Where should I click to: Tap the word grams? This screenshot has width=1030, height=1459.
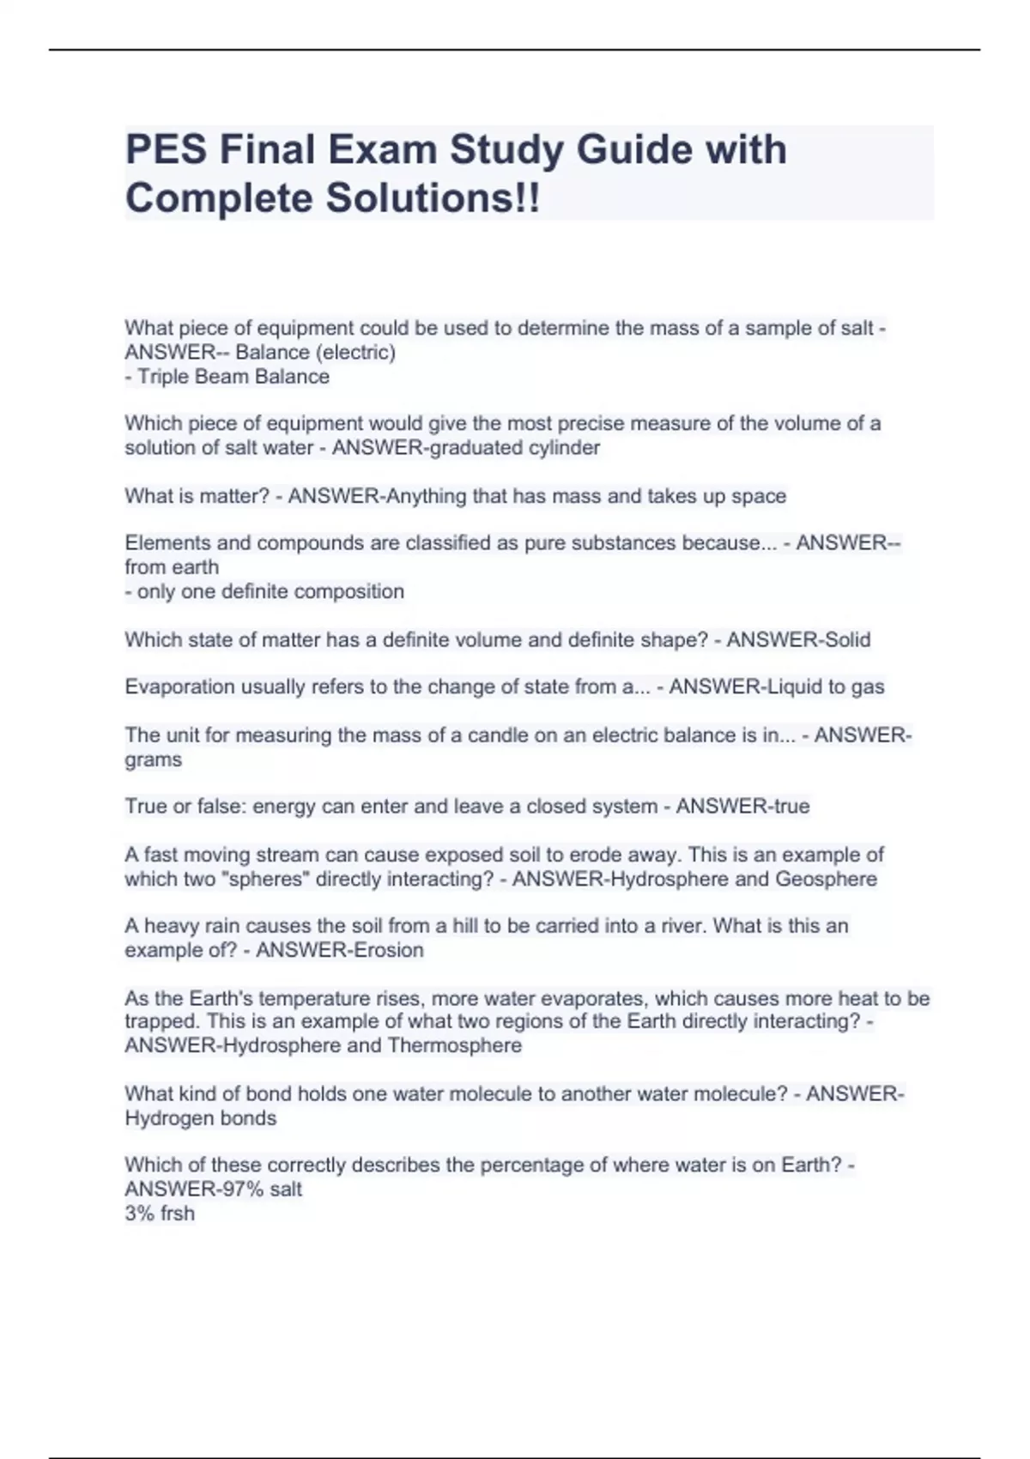click(154, 760)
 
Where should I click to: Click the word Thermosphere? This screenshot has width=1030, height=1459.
click(454, 1045)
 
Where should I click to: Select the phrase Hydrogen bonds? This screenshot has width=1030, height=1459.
click(201, 1118)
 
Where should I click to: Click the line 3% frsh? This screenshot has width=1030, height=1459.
click(160, 1214)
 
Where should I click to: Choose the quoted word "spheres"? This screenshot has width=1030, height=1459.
click(258, 879)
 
